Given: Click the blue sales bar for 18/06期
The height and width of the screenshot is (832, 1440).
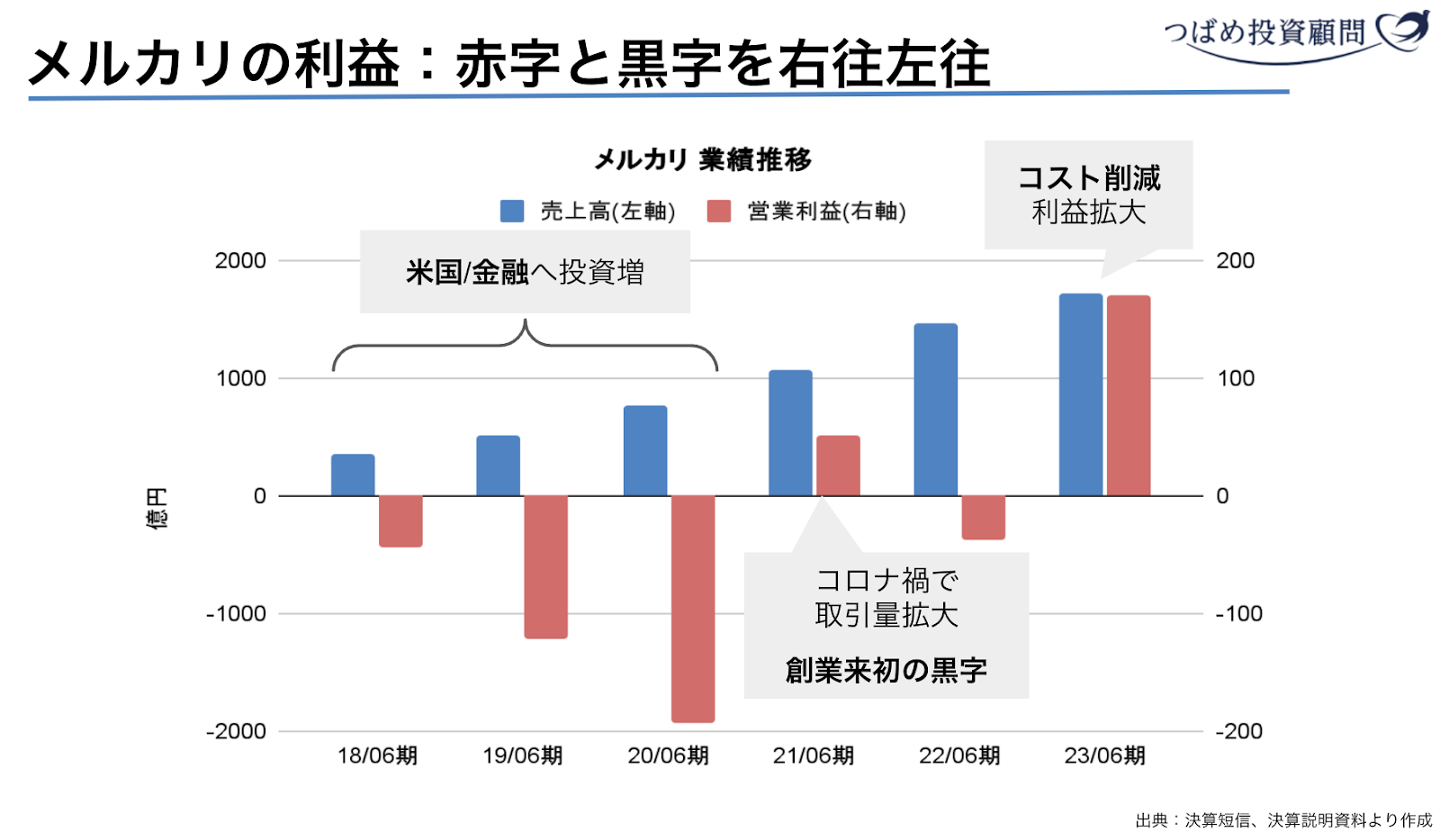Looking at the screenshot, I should coord(353,475).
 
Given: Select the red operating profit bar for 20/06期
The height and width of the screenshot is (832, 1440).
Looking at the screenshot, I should coord(692,608).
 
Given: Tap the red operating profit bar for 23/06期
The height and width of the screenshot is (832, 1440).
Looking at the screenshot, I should coord(1129,395).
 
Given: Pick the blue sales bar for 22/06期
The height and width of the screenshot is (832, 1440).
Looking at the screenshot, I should coord(935,410).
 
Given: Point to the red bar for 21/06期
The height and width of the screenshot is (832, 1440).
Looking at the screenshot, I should coord(838,466).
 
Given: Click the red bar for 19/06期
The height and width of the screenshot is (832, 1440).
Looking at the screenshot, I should coord(545,566).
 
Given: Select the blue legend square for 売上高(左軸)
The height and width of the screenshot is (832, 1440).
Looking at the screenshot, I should coord(512,212).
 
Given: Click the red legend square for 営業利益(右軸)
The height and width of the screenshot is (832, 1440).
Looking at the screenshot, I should coord(718,212).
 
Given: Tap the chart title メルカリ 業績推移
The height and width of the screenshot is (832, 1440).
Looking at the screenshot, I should coord(703,160).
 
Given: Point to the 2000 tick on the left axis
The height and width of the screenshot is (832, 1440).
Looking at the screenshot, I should coord(240,261).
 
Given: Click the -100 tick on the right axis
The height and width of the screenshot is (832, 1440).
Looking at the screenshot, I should coord(1238,614).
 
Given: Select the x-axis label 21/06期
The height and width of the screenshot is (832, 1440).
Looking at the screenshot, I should coord(813,755).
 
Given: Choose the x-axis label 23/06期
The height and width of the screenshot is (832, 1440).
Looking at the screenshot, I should coord(1104,755).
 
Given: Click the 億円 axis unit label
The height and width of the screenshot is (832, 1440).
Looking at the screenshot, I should coord(157,509).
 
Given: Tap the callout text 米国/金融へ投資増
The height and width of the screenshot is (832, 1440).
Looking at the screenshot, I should coord(525,272).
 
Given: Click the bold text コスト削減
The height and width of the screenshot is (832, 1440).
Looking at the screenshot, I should coord(1089,178).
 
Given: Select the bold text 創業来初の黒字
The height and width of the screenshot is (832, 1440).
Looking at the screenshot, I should coord(886,671).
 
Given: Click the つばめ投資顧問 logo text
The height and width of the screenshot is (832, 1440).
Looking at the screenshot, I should coord(1264,32).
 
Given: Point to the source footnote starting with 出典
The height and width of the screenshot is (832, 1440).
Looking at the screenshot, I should coord(1283,819).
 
